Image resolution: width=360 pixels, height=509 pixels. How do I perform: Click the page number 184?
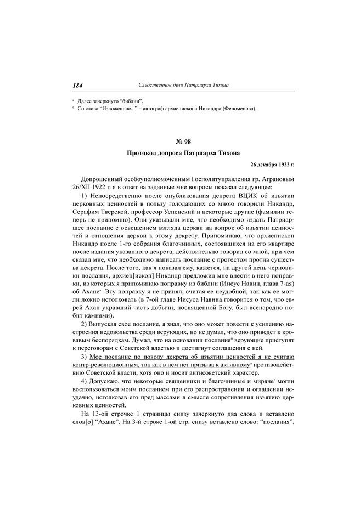[77, 86]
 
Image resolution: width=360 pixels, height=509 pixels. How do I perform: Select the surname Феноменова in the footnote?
[233, 109]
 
